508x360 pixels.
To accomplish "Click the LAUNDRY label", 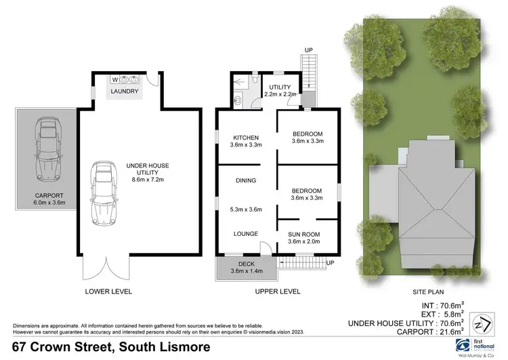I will (x=125, y=92).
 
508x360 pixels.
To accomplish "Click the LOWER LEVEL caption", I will (x=108, y=292).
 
